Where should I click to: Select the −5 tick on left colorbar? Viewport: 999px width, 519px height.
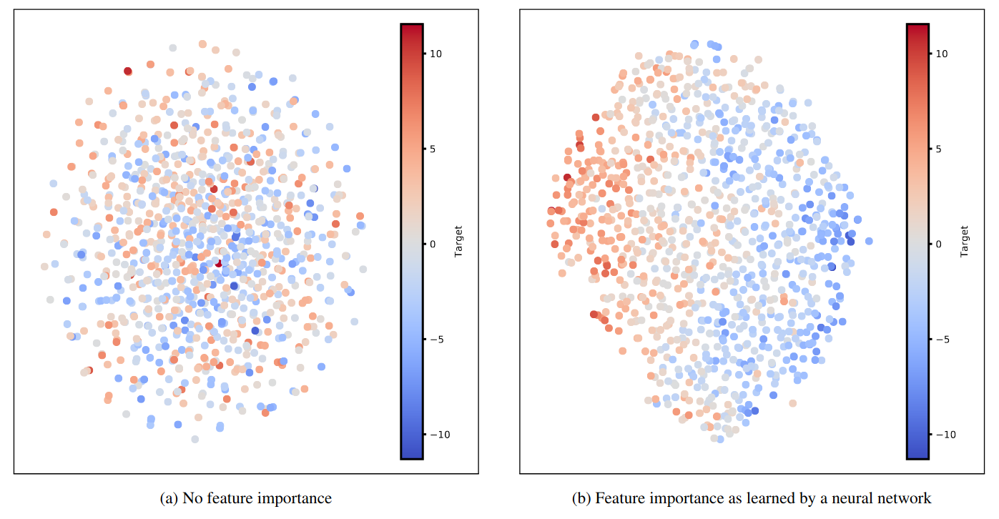tap(436, 339)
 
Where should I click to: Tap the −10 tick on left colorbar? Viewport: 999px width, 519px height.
tap(438, 434)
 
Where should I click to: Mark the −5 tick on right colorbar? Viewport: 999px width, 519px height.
tap(943, 339)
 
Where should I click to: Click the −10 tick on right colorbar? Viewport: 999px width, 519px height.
tap(944, 434)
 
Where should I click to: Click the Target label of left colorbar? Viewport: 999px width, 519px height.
tap(458, 242)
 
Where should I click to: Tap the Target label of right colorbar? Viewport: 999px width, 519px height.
tap(965, 242)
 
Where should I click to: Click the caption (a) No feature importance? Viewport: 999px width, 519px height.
tap(245, 498)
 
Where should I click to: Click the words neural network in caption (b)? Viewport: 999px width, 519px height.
tap(892, 498)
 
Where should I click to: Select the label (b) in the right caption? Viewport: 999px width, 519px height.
tap(581, 498)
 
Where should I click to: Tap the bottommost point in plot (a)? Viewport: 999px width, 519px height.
tap(195, 439)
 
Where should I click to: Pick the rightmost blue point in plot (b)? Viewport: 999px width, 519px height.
tap(869, 241)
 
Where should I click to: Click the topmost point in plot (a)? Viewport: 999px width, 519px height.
tap(202, 44)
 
